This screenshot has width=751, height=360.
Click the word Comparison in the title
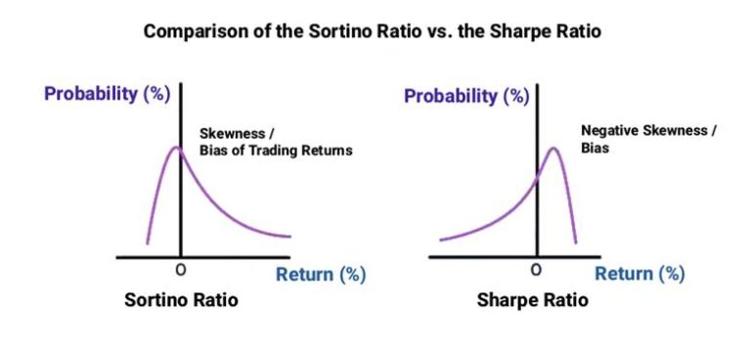tap(187, 31)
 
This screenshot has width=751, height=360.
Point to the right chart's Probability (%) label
tap(467, 96)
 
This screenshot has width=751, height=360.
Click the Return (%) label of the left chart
tap(321, 275)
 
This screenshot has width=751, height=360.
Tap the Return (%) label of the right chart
tap(640, 275)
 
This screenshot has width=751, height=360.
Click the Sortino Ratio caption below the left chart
tap(181, 300)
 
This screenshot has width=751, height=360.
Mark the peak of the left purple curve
tap(177, 148)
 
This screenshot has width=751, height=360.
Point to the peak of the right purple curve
tap(553, 149)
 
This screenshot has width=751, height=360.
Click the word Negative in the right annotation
tap(612, 129)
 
